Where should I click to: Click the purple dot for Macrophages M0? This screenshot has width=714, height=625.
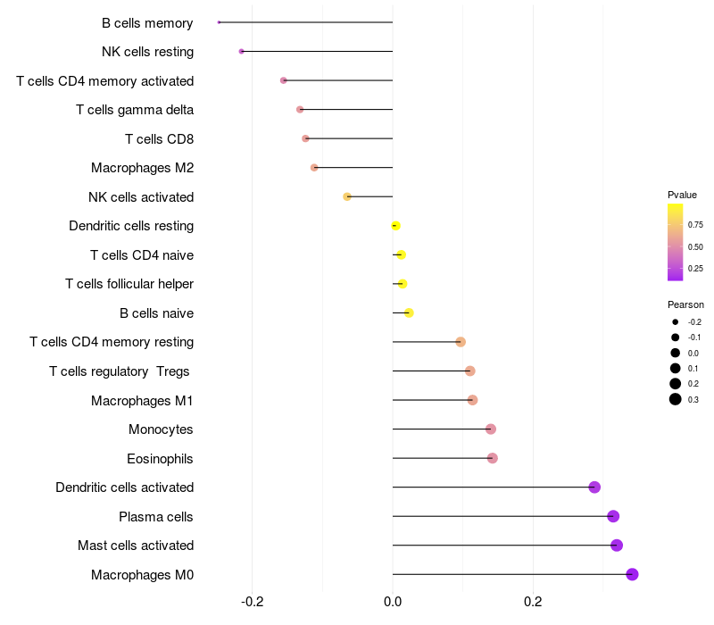click(x=632, y=574)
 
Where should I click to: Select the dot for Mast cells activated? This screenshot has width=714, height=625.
click(x=616, y=545)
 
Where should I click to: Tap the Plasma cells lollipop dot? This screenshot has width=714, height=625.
click(x=612, y=516)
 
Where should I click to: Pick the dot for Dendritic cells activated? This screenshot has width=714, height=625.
click(x=594, y=487)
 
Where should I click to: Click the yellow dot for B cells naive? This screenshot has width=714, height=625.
click(x=409, y=312)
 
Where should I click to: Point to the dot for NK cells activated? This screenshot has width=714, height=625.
click(x=347, y=196)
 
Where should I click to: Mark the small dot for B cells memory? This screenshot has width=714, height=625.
click(x=219, y=22)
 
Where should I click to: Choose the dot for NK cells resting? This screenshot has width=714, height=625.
click(x=242, y=51)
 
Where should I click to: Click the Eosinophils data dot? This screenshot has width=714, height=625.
click(x=492, y=458)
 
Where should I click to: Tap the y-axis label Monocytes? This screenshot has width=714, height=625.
click(x=161, y=429)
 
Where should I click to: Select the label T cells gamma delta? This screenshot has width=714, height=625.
click(x=135, y=110)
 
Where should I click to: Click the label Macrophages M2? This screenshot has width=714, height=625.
click(x=142, y=168)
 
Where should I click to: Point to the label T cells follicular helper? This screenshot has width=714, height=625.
click(x=129, y=284)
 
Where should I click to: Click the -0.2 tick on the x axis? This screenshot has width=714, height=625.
click(x=253, y=601)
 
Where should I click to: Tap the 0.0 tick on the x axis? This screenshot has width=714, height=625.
click(x=393, y=601)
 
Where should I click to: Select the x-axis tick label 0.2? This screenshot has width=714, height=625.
click(x=533, y=601)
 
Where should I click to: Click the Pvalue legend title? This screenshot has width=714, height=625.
click(x=682, y=195)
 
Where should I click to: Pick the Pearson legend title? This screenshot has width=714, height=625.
click(x=685, y=304)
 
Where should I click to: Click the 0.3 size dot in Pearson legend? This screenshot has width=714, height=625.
click(x=676, y=399)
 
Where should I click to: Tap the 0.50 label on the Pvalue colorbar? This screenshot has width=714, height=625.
click(x=695, y=246)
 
